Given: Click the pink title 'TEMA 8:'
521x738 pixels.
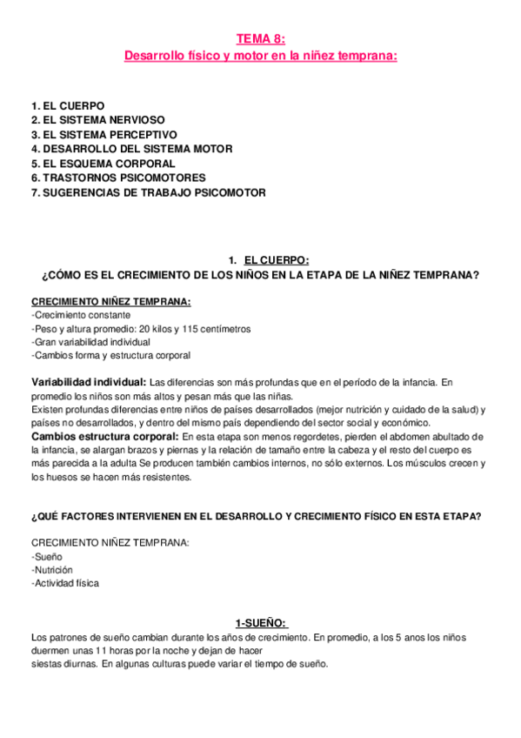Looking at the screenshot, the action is [260, 38].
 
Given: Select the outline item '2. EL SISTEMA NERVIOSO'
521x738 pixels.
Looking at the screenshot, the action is [97, 119].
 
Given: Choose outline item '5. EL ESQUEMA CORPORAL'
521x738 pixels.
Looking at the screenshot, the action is [103, 163].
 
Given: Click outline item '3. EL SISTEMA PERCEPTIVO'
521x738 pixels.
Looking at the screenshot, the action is [104, 134].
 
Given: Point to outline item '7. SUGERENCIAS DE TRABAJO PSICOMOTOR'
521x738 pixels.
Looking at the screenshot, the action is [148, 192].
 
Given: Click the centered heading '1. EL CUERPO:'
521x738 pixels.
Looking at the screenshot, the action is [268, 260].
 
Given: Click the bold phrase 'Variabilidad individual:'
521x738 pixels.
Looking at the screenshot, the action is [88, 382].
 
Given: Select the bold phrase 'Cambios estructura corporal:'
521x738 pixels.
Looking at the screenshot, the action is [103, 435].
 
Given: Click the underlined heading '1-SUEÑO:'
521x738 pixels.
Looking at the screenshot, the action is [261, 622].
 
